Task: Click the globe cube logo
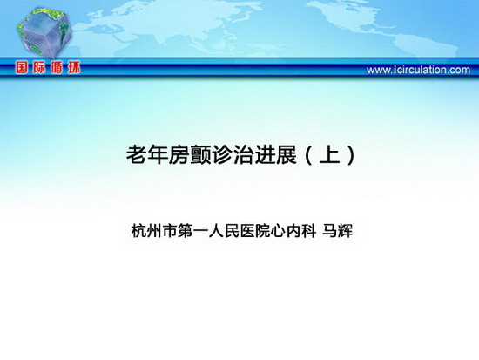tap(44, 32)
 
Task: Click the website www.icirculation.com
tap(418, 70)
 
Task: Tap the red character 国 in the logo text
tap(22, 68)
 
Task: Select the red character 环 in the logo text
tap(74, 68)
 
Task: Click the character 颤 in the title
tap(200, 155)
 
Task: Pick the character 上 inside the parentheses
tap(329, 155)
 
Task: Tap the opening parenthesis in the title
tap(309, 155)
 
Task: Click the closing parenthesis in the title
tap(351, 155)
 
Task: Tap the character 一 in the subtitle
tap(200, 231)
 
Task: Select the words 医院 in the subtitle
tap(255, 231)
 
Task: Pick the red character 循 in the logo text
tap(57, 68)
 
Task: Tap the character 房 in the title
tap(179, 155)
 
